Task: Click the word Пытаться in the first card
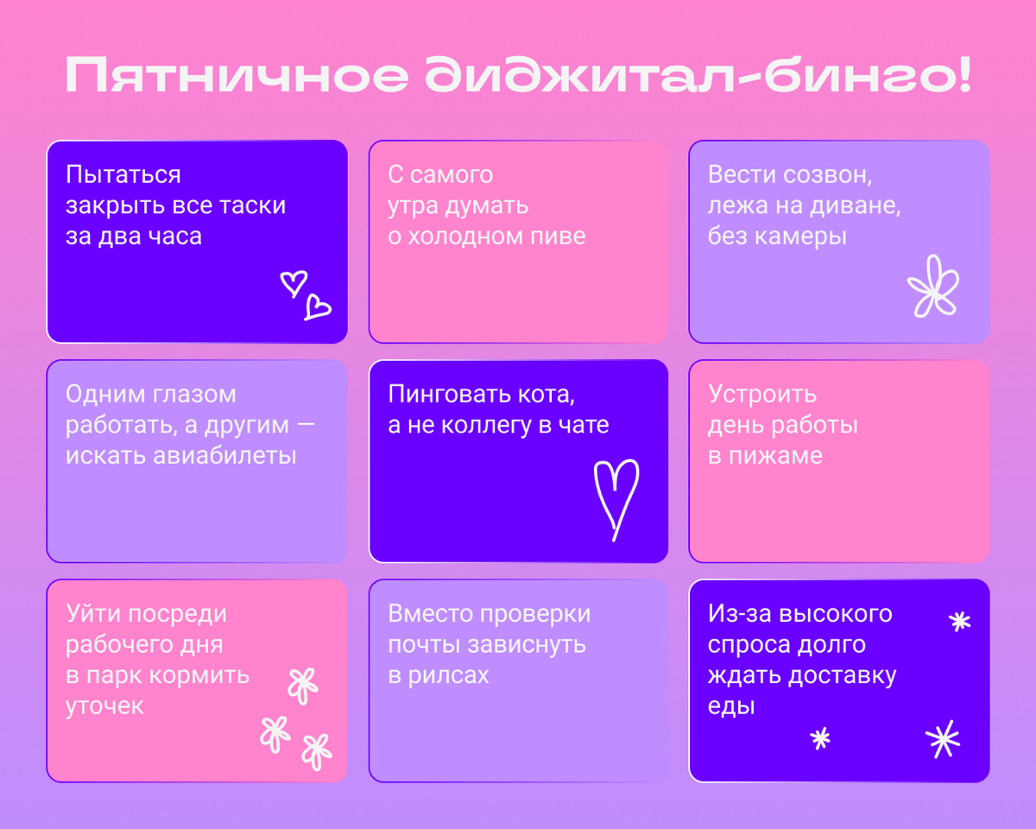123,175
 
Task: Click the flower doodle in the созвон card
932,287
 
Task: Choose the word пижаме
766,455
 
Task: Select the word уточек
104,706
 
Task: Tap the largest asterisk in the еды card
943,739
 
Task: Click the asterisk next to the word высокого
959,621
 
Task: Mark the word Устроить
762,394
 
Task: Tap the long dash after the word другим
305,425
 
